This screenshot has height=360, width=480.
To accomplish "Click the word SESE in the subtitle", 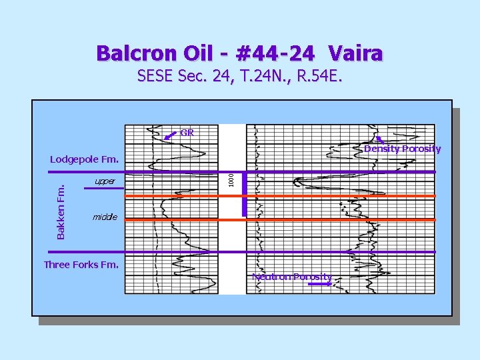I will click(156, 76).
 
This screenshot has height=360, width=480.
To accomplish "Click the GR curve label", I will click(187, 133).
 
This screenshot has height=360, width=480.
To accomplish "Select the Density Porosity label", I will click(402, 149).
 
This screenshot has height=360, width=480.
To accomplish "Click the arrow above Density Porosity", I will click(379, 139).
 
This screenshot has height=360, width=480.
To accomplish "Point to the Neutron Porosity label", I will click(291, 277).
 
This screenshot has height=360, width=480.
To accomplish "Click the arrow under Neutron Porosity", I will click(320, 285).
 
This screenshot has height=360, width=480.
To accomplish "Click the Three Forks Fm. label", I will click(81, 265).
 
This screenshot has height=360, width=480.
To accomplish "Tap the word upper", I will click(105, 181).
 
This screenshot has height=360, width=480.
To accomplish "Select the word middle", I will click(105, 217).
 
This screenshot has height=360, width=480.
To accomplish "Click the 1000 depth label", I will click(231, 179).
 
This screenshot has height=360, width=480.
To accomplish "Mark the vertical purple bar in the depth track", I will click(245, 194).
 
